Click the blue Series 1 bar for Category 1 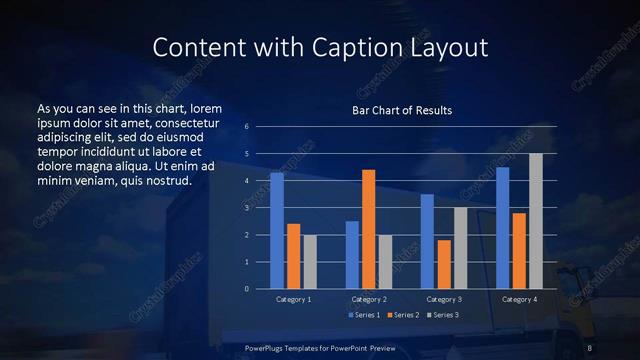[x=277, y=231]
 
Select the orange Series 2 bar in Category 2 [x=369, y=229]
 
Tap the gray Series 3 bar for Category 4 [x=536, y=221]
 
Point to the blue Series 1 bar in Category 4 [x=503, y=228]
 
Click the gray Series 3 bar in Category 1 [x=310, y=262]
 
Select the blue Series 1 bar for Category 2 [x=352, y=255]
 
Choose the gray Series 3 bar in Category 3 [x=460, y=248]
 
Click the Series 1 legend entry [x=364, y=315]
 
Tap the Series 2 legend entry [x=402, y=315]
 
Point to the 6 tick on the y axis [x=247, y=127]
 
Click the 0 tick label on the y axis [x=247, y=289]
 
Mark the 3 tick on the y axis [x=247, y=208]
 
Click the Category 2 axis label [x=369, y=299]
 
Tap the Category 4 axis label [x=519, y=299]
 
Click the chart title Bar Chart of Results [x=402, y=109]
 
